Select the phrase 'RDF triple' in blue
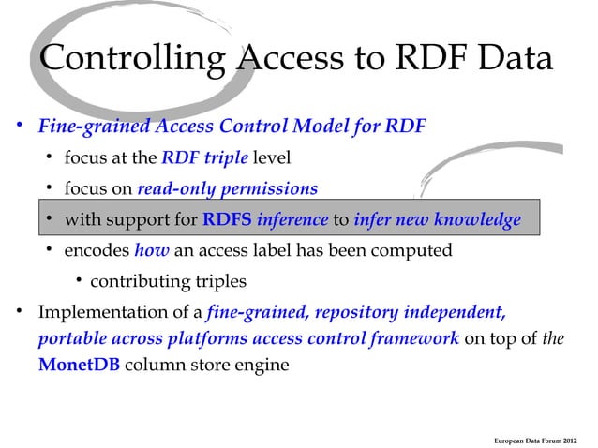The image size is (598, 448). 202,156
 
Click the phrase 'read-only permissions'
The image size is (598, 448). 227,188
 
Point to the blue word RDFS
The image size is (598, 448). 227,220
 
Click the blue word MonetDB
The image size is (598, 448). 79,365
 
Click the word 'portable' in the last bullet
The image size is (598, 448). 70,337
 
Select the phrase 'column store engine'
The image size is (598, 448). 206,365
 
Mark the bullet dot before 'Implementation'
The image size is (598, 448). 17,311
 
